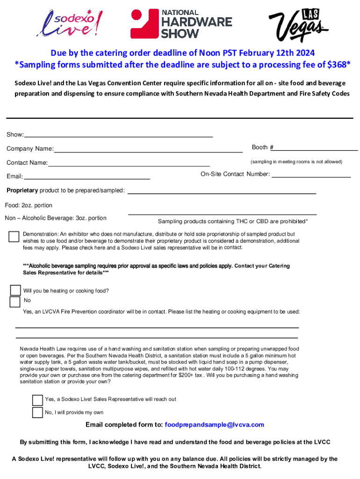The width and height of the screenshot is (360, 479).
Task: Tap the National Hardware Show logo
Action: point(181,23)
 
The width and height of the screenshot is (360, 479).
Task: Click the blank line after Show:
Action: point(118,136)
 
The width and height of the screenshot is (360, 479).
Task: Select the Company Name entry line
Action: point(148,151)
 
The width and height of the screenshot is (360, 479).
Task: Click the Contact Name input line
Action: point(129,165)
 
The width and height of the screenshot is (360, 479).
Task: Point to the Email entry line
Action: point(86,178)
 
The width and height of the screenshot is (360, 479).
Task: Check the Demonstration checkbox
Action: point(14,236)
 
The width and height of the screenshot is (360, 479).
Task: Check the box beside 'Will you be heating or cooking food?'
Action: point(16,290)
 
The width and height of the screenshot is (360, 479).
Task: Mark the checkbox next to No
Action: point(15,301)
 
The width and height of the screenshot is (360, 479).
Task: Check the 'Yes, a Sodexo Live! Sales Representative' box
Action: point(37,400)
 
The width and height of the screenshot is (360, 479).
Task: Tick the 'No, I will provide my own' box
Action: point(37,412)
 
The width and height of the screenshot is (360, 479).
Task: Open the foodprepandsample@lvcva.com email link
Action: point(215,425)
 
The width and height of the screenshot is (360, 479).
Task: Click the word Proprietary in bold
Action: point(22,190)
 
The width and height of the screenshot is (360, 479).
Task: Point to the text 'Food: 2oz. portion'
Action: point(29,205)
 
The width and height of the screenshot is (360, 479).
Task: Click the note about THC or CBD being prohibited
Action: point(233,221)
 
